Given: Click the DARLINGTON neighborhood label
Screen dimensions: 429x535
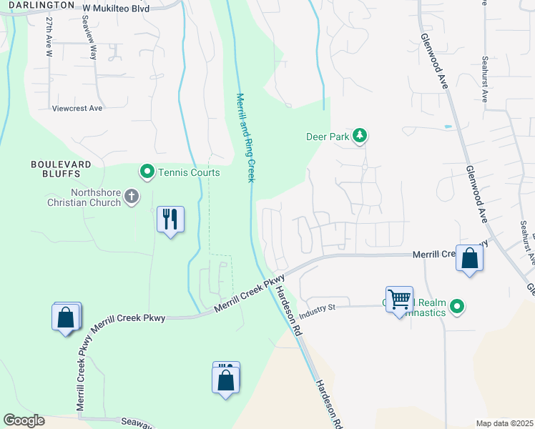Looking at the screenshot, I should coord(37,4).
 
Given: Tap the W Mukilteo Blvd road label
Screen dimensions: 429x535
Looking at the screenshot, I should coord(115,6).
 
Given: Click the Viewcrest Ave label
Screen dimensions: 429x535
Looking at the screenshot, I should coord(77,109).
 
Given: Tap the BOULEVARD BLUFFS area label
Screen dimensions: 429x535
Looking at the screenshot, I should coord(61,169).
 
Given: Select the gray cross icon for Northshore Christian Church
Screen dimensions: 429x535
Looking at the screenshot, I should coord(131,196).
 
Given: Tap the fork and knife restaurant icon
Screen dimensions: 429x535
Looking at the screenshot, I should coord(170,219).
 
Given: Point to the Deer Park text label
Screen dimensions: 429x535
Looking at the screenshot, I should coord(326,136).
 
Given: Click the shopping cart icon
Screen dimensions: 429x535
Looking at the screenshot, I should coord(399,298).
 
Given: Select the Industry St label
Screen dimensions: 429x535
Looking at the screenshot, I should coord(318,310).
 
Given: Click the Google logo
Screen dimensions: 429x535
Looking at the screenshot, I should coord(24,420).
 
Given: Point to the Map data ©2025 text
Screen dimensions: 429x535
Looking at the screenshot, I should coord(504,424).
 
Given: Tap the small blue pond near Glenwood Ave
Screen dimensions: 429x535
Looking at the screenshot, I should coord(448,127).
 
